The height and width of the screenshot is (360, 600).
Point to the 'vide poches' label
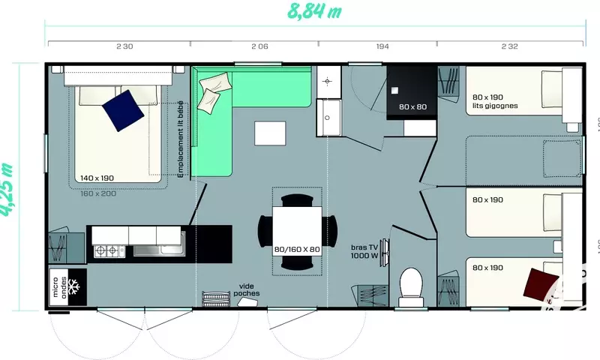click(247, 289)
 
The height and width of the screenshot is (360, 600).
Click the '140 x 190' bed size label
click(97, 178)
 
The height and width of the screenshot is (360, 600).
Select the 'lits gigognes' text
click(496, 106)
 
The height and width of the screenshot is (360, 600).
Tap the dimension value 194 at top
click(382, 46)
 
